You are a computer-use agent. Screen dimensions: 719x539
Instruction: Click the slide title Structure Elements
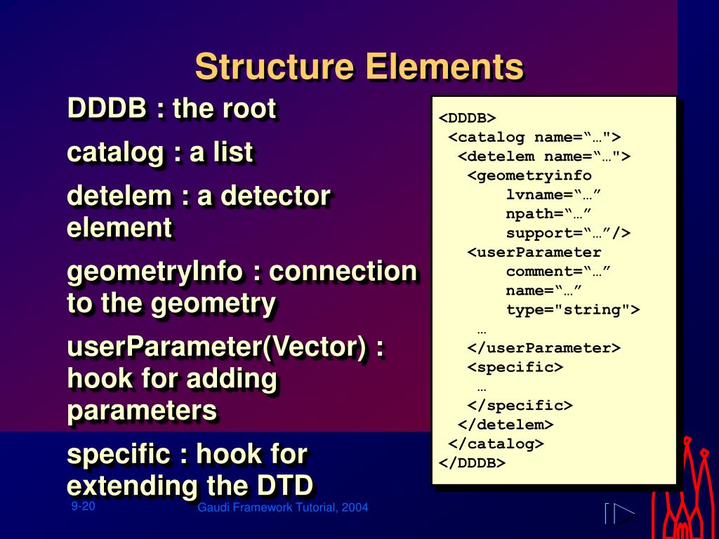[359, 67]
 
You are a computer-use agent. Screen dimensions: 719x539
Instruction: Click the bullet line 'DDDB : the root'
[171, 109]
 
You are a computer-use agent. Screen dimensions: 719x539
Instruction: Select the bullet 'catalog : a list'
[159, 152]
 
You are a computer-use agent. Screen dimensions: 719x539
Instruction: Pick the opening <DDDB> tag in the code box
[468, 118]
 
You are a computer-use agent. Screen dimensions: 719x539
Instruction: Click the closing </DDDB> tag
[472, 463]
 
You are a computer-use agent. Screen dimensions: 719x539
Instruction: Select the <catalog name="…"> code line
[535, 137]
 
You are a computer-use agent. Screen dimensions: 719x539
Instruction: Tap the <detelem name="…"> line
[544, 156]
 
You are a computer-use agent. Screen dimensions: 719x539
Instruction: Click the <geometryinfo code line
[529, 175]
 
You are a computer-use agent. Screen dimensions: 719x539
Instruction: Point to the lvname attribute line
[553, 194]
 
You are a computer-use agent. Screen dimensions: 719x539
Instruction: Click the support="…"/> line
[568, 233]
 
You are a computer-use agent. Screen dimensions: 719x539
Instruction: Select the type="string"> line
[573, 310]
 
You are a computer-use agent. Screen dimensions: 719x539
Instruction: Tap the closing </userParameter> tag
[544, 348]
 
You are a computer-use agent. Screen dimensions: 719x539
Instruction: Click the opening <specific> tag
[515, 367]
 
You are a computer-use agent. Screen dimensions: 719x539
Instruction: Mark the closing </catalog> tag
[496, 444]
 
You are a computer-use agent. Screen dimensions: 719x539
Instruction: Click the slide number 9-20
[83, 507]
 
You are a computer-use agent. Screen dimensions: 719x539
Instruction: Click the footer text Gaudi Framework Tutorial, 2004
[283, 507]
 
